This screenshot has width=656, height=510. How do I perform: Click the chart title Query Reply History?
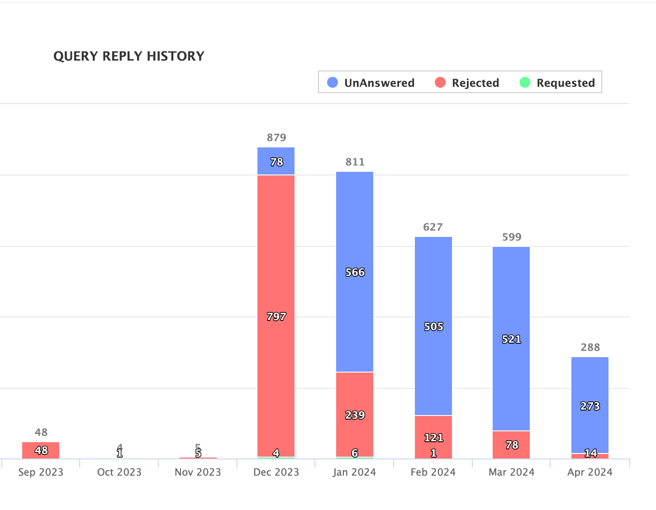click(129, 56)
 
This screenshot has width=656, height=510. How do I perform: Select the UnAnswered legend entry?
click(371, 83)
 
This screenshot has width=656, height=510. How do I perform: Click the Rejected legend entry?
click(467, 83)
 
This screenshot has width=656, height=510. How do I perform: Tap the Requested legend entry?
click(557, 83)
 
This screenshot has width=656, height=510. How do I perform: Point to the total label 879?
click(276, 137)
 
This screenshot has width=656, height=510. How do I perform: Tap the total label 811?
click(355, 162)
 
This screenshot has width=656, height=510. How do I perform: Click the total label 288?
click(590, 347)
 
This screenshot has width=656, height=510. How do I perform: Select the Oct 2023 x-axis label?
click(119, 472)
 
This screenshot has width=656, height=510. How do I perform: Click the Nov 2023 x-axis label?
click(198, 472)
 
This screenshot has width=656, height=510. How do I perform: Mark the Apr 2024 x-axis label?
click(590, 472)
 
